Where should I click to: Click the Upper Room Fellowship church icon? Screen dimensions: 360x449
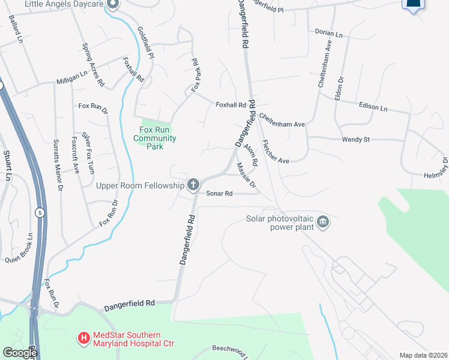click(193, 184)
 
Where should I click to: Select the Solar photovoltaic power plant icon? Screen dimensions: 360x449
click(323, 222)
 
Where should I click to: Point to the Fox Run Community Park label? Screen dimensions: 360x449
click(155, 138)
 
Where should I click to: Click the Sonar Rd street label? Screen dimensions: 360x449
click(219, 193)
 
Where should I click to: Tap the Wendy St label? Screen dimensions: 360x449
click(355, 139)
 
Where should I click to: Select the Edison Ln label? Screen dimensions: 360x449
click(373, 107)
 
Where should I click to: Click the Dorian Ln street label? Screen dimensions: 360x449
click(328, 34)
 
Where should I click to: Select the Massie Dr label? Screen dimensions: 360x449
click(246, 175)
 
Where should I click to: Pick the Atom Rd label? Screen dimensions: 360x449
click(251, 155)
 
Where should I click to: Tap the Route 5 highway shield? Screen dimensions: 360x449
click(40, 212)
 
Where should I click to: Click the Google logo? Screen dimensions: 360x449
click(19, 353)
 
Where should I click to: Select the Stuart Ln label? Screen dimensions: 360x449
click(8, 166)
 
